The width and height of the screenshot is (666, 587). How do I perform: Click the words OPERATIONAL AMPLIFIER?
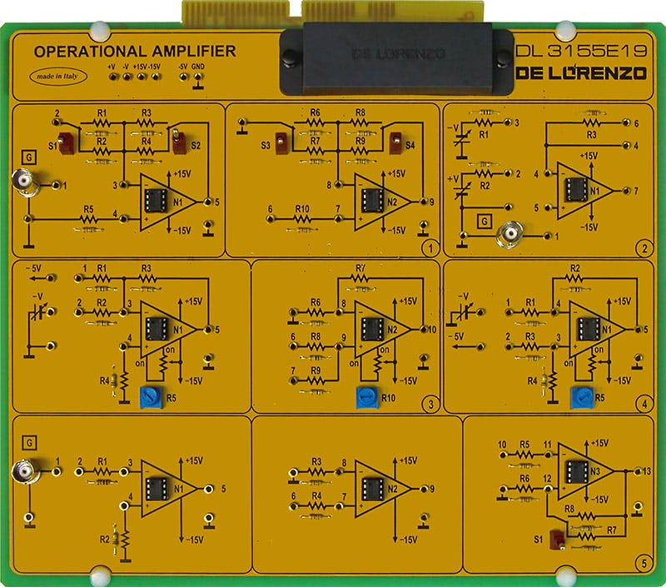(x=134, y=52)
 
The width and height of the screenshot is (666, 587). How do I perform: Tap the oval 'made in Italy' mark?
(x=57, y=76)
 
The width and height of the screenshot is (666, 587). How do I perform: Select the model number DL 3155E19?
(x=581, y=51)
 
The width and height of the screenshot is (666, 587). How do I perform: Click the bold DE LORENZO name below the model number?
(x=581, y=73)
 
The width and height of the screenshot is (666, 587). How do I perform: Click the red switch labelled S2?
(x=181, y=143)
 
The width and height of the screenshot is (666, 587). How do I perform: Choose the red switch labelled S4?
(x=396, y=142)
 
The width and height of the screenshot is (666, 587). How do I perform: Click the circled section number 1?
(x=429, y=247)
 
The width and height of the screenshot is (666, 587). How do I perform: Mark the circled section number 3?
(x=429, y=405)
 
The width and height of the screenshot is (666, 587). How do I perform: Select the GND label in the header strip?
(x=198, y=66)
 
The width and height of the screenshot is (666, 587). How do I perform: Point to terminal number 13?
(x=649, y=472)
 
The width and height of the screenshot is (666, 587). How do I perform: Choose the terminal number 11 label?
(x=547, y=445)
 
